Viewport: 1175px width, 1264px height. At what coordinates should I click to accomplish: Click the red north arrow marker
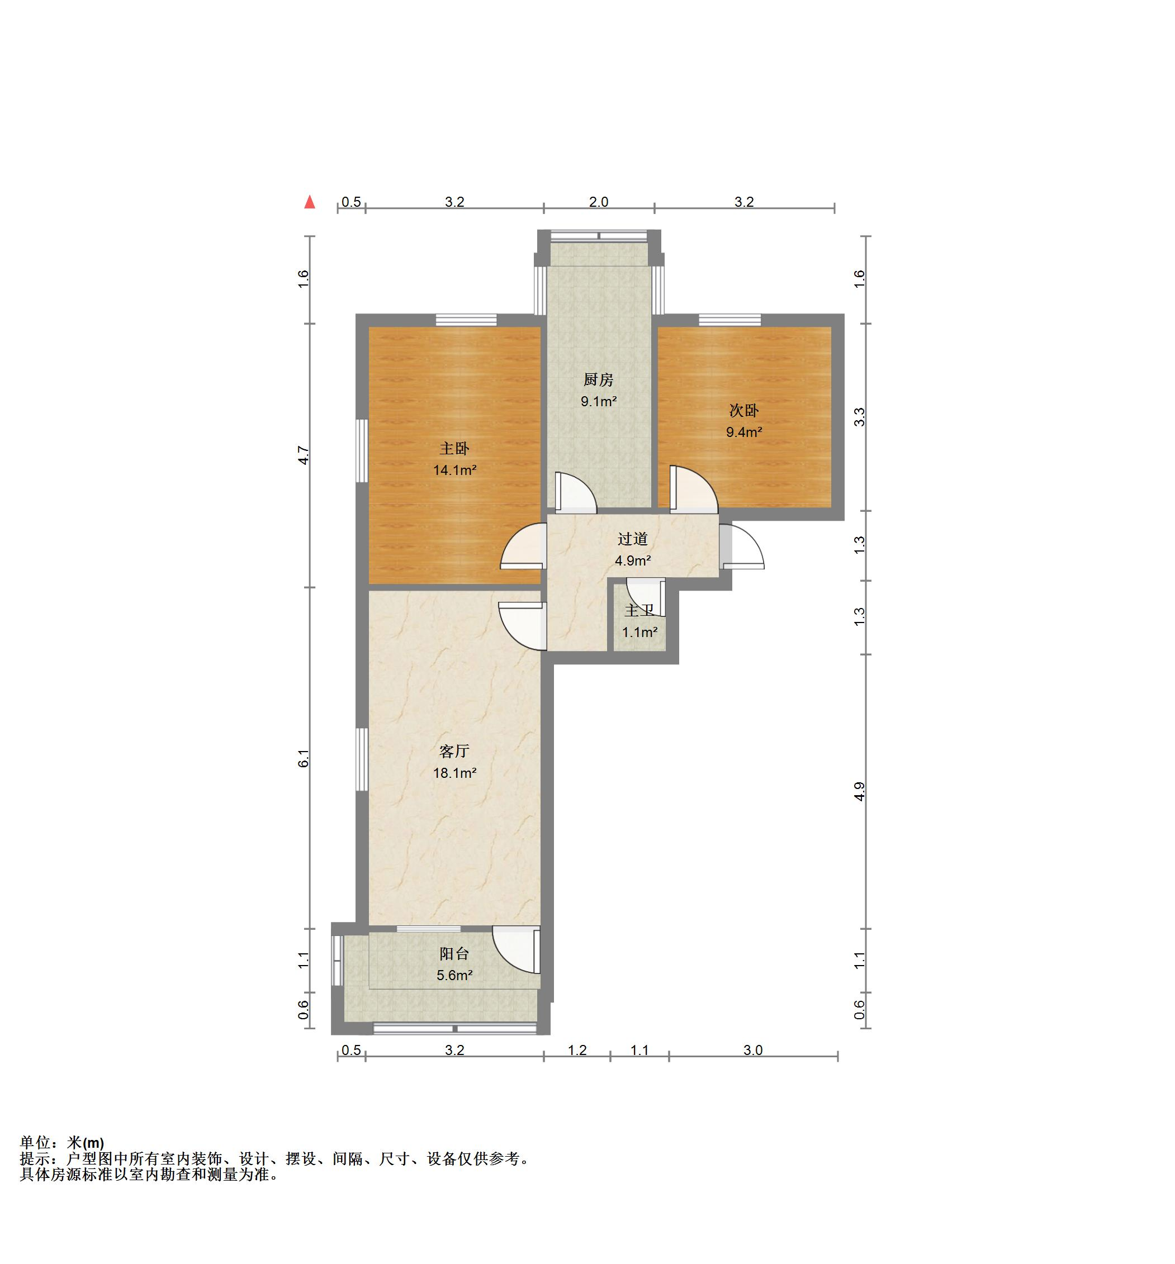pyautogui.click(x=310, y=202)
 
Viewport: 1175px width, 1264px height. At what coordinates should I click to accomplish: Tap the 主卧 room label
pyautogui.click(x=454, y=449)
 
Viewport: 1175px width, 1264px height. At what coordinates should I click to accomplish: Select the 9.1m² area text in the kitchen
pyautogui.click(x=598, y=402)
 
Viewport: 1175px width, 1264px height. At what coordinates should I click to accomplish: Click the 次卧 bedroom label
pyautogui.click(x=744, y=411)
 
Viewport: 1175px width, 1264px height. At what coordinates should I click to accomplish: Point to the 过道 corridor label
pyautogui.click(x=632, y=539)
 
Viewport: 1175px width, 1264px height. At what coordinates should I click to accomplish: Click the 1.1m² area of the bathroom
pyautogui.click(x=639, y=633)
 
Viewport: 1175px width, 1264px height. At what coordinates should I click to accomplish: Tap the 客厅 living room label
pyautogui.click(x=454, y=751)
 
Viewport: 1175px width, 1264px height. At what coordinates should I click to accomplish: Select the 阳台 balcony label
pyautogui.click(x=454, y=953)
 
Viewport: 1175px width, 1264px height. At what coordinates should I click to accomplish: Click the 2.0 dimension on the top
pyautogui.click(x=598, y=202)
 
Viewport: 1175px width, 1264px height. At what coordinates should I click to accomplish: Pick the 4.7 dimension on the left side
pyautogui.click(x=304, y=455)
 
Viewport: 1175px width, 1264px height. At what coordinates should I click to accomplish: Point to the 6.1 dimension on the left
pyautogui.click(x=304, y=758)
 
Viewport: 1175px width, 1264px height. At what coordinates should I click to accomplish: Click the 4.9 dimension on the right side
pyautogui.click(x=859, y=791)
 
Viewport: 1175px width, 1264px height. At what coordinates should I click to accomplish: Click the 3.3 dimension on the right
pyautogui.click(x=859, y=417)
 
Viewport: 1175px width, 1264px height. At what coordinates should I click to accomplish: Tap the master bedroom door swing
pyautogui.click(x=523, y=545)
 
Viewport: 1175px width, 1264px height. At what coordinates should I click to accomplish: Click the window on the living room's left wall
pyautogui.click(x=362, y=759)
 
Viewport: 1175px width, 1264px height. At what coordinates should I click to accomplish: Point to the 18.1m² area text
pyautogui.click(x=454, y=773)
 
